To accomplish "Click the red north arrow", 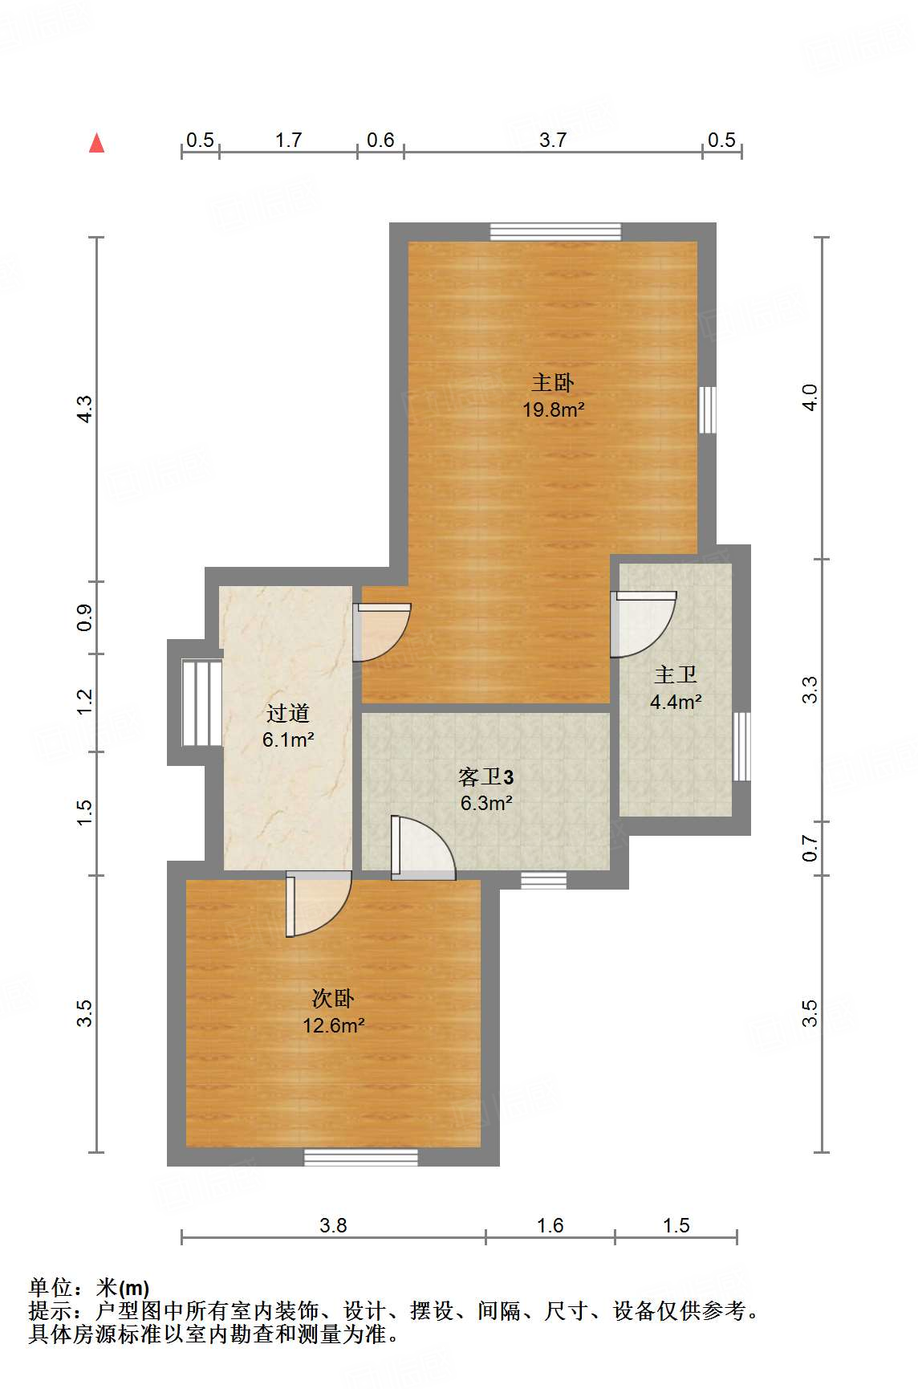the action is (96, 143).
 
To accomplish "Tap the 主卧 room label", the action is (553, 383).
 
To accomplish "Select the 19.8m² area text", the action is (553, 409).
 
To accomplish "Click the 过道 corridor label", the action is (288, 713).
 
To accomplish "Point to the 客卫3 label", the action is (486, 776).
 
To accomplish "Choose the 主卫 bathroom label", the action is (676, 675).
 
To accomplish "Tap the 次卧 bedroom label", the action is (333, 999).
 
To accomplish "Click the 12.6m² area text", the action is (333, 1025).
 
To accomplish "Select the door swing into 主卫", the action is (643, 625).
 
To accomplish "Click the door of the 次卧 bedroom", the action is (319, 903).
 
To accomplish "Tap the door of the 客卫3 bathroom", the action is (423, 848).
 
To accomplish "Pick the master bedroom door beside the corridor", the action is (382, 633).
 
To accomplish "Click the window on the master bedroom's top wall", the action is (555, 232).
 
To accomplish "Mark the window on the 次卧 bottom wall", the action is (361, 1157).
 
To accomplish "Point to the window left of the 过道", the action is (201, 703).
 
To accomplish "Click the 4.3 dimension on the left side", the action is (84, 409).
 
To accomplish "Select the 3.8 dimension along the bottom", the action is (333, 1225).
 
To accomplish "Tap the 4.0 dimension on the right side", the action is (810, 397).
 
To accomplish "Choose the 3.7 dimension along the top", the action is (553, 141).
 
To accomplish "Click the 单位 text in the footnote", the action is (51, 1288).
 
